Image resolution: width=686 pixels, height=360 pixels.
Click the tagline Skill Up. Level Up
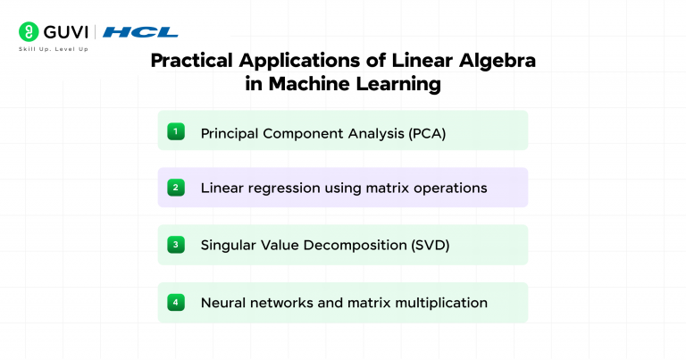[53, 48]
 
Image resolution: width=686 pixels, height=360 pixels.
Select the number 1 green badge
[176, 132]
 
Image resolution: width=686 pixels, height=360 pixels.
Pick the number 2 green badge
[176, 188]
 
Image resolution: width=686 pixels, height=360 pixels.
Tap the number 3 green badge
[176, 244]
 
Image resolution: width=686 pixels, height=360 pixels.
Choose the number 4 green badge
[176, 302]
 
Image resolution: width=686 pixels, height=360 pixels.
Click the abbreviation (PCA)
[427, 133]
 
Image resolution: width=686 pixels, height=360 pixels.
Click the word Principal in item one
[228, 133]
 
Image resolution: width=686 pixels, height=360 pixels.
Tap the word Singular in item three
[229, 245]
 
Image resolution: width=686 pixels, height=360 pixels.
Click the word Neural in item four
[222, 303]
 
